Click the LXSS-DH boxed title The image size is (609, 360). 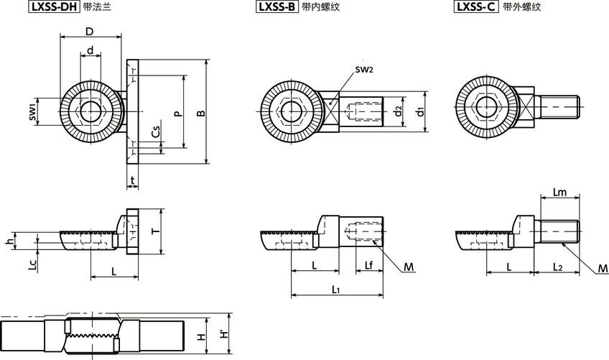click(53, 8)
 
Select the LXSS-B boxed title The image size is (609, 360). click(276, 8)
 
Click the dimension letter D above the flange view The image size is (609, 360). click(89, 31)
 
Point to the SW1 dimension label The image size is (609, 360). click(32, 112)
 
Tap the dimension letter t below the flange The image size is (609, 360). click(134, 179)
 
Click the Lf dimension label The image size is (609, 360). click(368, 266)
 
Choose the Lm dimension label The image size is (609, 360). click(561, 192)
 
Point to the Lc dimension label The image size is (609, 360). click(32, 265)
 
